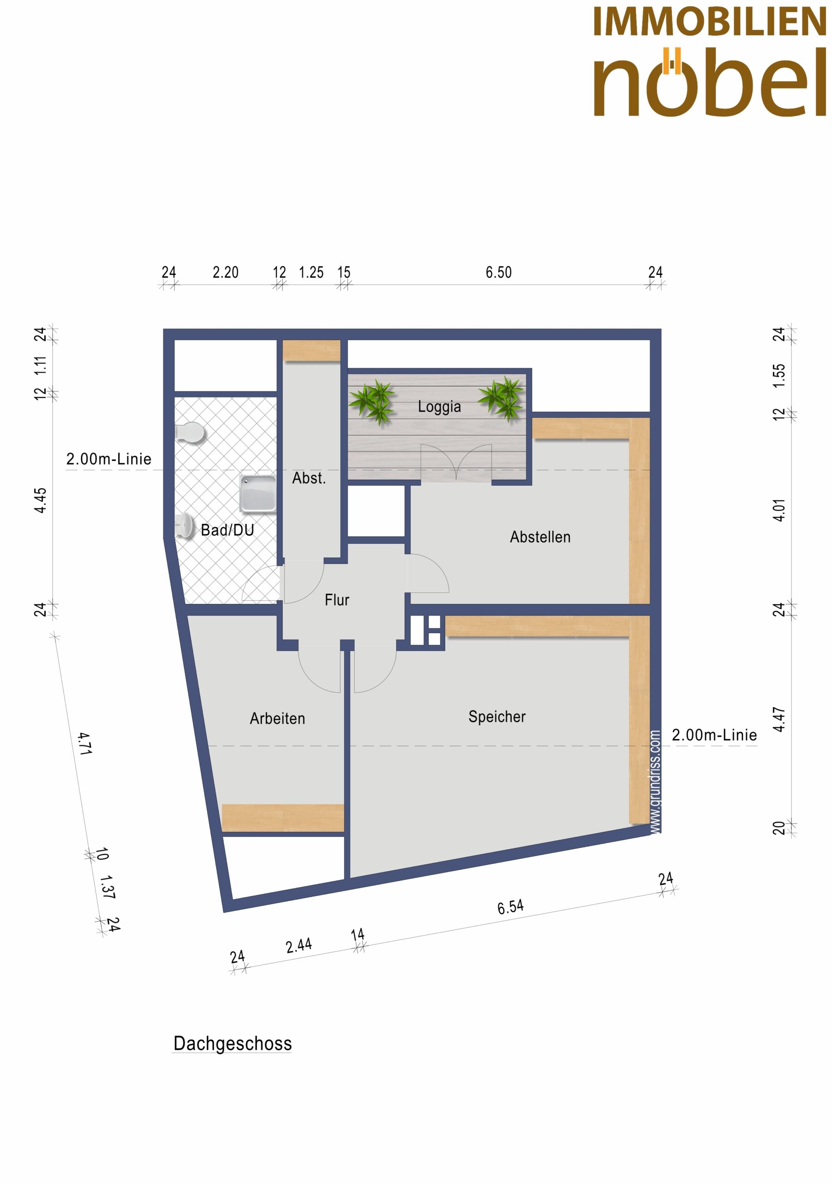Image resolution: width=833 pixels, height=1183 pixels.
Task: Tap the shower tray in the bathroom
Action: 258,494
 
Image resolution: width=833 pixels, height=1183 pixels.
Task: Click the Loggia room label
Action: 439,407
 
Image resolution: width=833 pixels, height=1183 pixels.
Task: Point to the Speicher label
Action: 497,717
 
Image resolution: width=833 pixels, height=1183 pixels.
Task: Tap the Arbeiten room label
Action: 278,718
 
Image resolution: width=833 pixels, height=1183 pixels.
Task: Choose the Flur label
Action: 337,600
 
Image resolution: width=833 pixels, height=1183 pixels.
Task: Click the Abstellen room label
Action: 540,537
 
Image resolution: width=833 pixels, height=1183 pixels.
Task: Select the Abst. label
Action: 309,478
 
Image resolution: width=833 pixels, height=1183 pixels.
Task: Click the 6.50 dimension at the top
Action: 498,272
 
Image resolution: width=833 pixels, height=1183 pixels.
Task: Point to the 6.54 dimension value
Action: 510,907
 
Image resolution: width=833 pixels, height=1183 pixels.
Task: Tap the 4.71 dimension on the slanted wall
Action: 85,744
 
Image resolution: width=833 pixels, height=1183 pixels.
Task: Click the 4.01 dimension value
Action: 779,510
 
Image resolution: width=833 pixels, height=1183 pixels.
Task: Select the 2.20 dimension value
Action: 225,272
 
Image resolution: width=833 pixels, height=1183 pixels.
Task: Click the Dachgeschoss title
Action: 233,1043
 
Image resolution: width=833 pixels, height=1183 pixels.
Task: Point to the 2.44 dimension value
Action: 299,945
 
